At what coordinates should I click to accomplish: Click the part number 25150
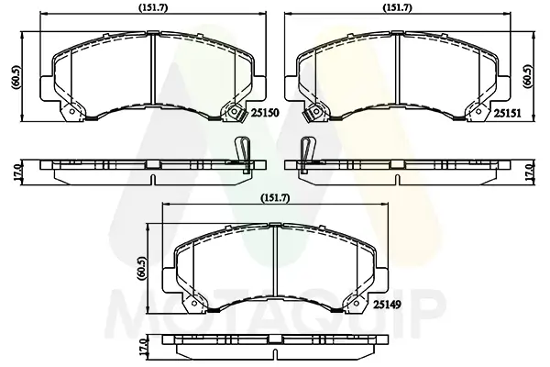[265, 113]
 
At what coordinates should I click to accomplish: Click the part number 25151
[508, 113]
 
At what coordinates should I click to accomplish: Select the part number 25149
[387, 304]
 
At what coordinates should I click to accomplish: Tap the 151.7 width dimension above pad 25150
[153, 7]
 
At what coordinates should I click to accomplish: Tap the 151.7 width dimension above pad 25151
[397, 7]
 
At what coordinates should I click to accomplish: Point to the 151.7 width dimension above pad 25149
[275, 198]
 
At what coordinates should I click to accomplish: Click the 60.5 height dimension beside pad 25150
[16, 77]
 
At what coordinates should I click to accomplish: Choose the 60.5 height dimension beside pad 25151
[528, 76]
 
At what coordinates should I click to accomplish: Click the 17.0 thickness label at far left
[16, 172]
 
